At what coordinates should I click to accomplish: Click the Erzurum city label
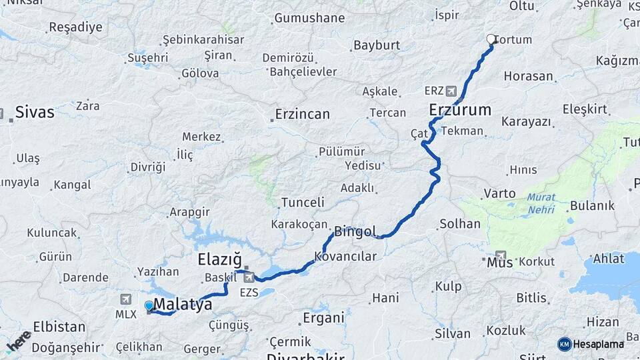[x=460, y=109]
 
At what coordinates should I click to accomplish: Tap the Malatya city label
[x=183, y=305]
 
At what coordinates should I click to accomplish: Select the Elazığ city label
[x=220, y=259]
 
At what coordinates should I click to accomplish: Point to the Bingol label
[x=355, y=232]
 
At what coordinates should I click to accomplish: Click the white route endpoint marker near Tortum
[x=491, y=39]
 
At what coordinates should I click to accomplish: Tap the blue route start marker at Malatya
[x=149, y=305]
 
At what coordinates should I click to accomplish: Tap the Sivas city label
[x=35, y=111]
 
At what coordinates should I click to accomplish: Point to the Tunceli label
[x=303, y=202]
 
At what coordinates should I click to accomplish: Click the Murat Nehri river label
[x=541, y=203]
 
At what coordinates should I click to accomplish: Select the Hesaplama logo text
[x=599, y=344]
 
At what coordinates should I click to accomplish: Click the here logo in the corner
[x=18, y=341]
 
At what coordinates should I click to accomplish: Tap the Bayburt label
[x=377, y=45]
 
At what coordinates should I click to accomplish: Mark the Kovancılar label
[x=345, y=256]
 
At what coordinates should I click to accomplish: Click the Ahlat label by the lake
[x=608, y=259]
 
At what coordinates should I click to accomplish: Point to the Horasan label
[x=529, y=76]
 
